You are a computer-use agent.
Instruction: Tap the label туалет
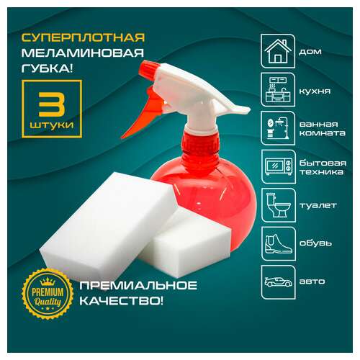[x=314, y=205]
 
